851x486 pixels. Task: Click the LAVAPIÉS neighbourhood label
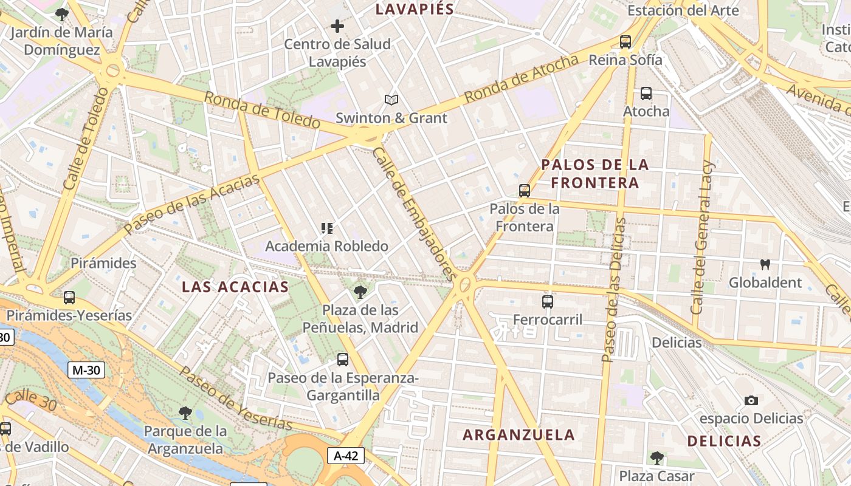click(x=415, y=9)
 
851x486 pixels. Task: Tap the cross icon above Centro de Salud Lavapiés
click(x=337, y=26)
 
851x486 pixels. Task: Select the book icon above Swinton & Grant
click(x=391, y=100)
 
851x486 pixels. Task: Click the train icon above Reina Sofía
click(x=625, y=42)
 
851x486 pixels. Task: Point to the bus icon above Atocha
click(x=646, y=94)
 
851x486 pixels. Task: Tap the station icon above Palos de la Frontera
click(x=525, y=191)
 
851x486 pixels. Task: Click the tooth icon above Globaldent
click(x=765, y=264)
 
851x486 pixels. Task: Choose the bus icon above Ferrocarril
click(x=548, y=301)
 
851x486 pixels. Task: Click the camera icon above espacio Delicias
click(x=751, y=400)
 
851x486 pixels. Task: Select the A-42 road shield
click(x=346, y=456)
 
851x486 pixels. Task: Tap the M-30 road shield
click(x=86, y=369)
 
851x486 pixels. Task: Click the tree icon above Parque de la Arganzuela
click(x=185, y=413)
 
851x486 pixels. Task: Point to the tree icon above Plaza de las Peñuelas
click(x=360, y=292)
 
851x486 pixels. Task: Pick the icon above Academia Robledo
click(x=327, y=228)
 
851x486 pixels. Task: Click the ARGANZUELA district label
click(x=519, y=434)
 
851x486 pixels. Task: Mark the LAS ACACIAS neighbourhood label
click(x=235, y=287)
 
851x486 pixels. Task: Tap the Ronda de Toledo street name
click(x=262, y=110)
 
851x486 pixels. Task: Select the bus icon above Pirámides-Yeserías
click(x=69, y=298)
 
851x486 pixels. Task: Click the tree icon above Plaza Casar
click(x=656, y=457)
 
